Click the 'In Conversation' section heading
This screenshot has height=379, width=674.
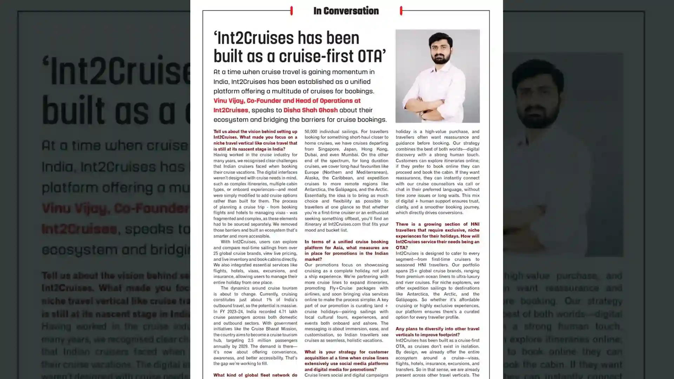tap(346, 11)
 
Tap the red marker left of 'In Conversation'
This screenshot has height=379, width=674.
tap(291, 11)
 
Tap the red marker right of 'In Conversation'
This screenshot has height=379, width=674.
tap(401, 11)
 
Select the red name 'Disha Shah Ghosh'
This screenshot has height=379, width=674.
tap(310, 110)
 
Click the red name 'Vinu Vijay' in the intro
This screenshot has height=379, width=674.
tap(229, 101)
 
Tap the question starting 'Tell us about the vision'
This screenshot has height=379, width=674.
tap(255, 140)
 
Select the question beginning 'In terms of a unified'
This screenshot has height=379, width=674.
tap(346, 250)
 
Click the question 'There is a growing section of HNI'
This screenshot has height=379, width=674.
tap(437, 235)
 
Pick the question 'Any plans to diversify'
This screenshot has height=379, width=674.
tap(437, 332)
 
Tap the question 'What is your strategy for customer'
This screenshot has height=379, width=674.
tap(346, 360)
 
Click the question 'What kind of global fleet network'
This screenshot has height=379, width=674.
tap(255, 375)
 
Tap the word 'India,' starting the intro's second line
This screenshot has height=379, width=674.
tap(221, 82)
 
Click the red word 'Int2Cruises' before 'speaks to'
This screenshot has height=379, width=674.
tap(231, 110)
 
